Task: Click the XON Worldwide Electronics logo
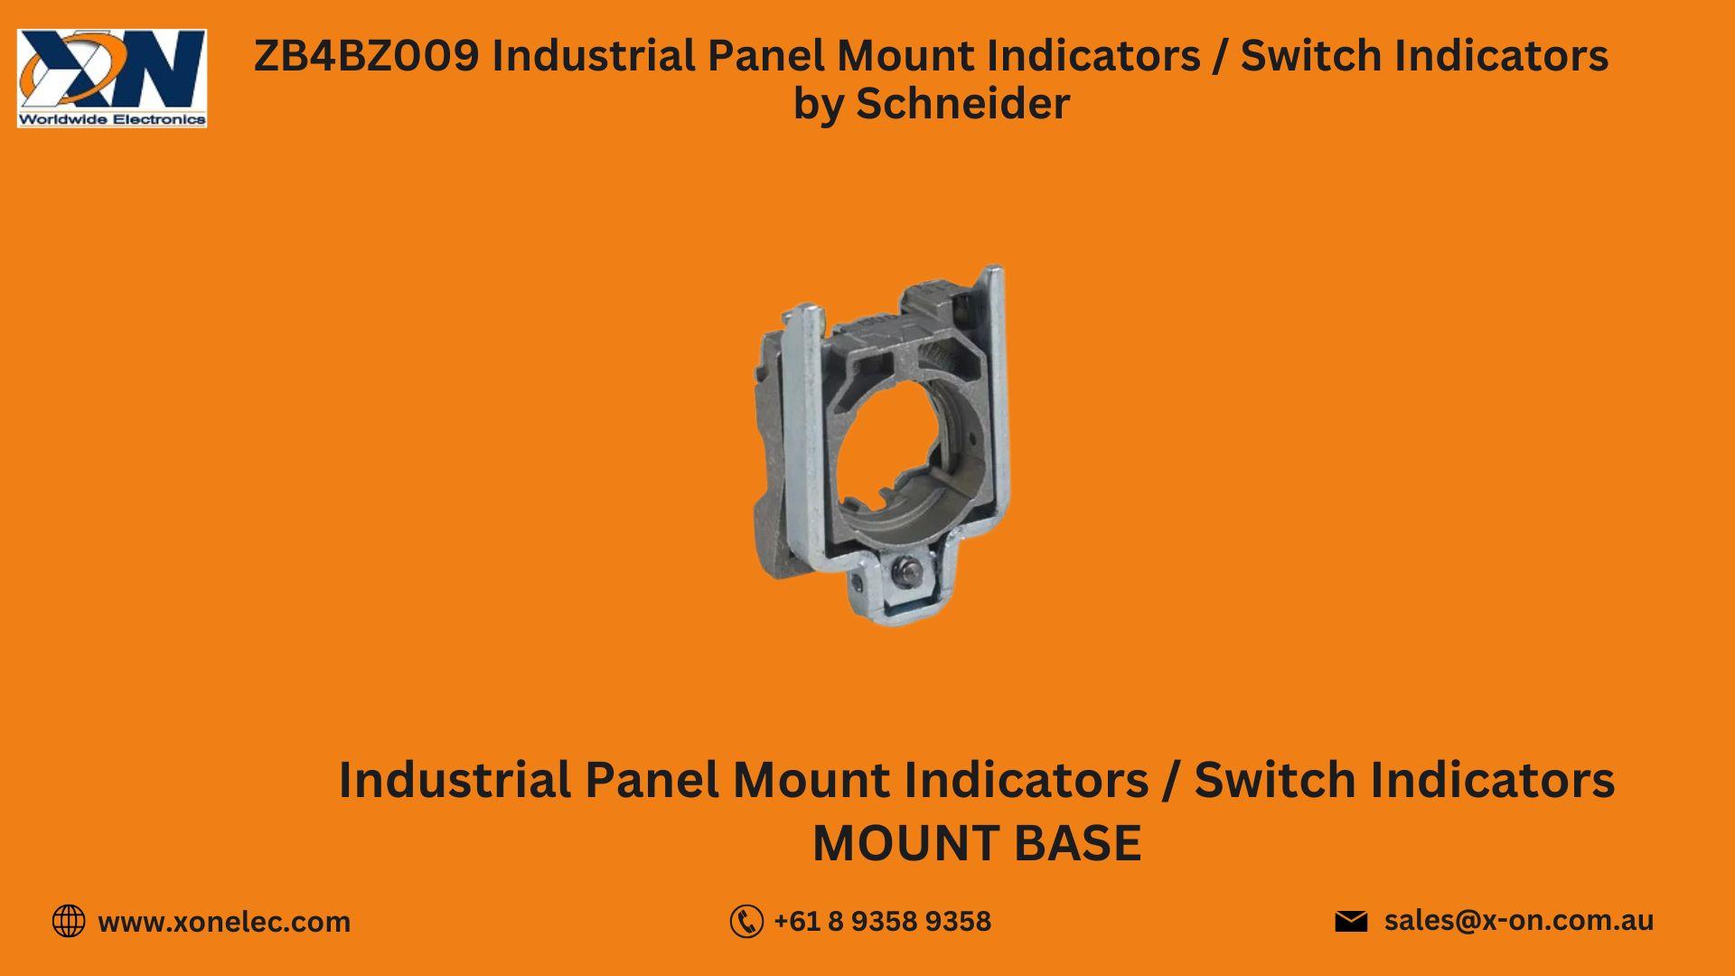pyautogui.click(x=112, y=78)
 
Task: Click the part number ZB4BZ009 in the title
pyautogui.click(x=366, y=56)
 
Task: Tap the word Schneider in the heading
pyautogui.click(x=962, y=103)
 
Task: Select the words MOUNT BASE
pyautogui.click(x=977, y=843)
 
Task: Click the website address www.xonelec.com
pyautogui.click(x=224, y=922)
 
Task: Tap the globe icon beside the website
pyautogui.click(x=69, y=921)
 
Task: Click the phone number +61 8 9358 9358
pyautogui.click(x=882, y=922)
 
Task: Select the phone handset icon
pyautogui.click(x=746, y=922)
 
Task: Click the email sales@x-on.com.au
pyautogui.click(x=1518, y=920)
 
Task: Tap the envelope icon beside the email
pyautogui.click(x=1351, y=921)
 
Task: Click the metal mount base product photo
pyautogui.click(x=882, y=443)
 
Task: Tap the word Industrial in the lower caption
pyautogui.click(x=455, y=780)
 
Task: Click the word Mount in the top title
pyautogui.click(x=905, y=56)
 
